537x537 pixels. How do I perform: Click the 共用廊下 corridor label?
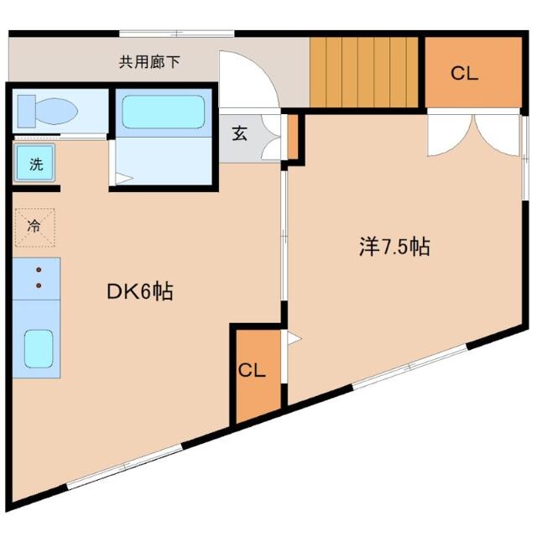point(149,62)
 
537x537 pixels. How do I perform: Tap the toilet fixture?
point(48,111)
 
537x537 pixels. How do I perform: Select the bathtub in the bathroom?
point(164,112)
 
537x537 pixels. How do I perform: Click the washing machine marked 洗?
point(34,163)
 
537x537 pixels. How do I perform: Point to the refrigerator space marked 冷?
point(34,227)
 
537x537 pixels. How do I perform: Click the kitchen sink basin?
point(39,349)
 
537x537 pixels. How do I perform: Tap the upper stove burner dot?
point(39,270)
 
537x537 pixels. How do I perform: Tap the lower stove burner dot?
point(39,285)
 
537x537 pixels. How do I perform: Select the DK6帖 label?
point(140,291)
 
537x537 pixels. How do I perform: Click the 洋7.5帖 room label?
point(394,246)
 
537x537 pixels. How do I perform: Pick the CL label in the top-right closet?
point(464,73)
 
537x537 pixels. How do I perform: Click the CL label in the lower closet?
point(252,370)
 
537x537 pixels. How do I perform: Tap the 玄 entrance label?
point(239,133)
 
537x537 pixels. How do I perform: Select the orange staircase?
point(364,72)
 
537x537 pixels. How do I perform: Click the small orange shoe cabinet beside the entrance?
point(293,137)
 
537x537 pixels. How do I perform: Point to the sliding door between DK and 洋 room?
point(284,237)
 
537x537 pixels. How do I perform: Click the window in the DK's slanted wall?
point(124,467)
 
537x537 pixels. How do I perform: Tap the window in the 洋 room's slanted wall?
point(409,367)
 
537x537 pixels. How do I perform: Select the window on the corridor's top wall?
point(177,34)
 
